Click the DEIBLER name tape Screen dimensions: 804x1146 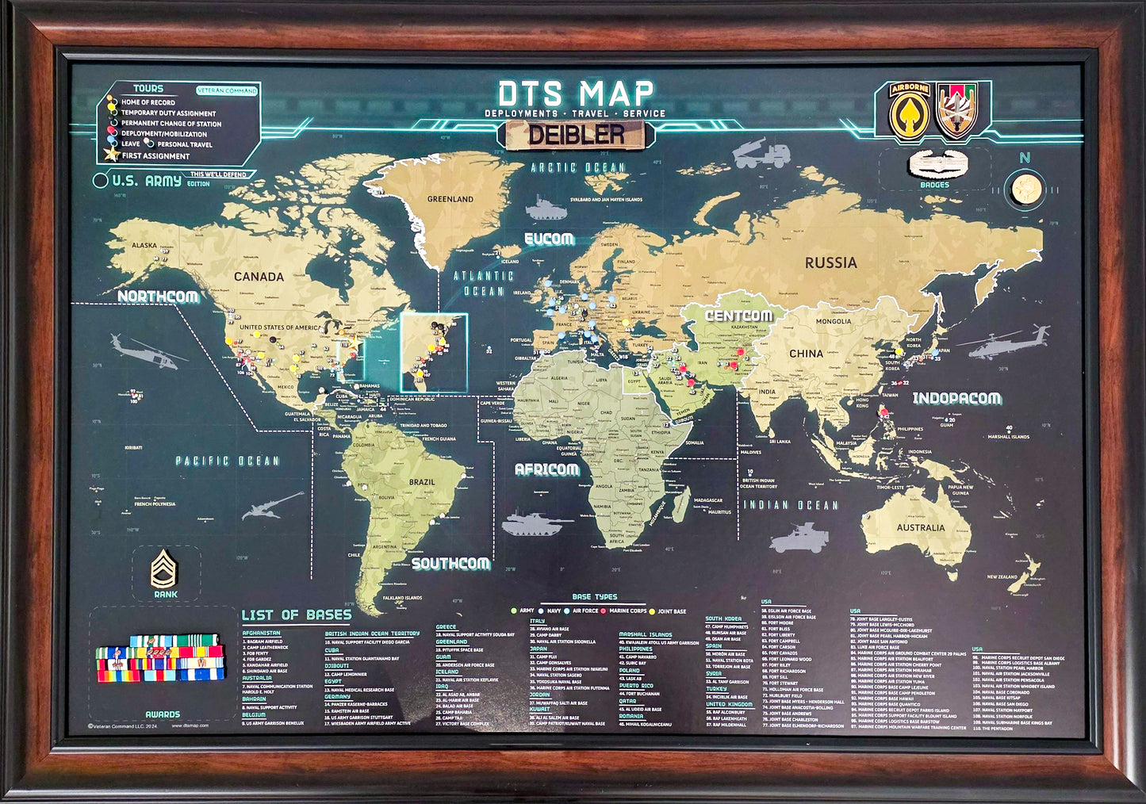[577, 135]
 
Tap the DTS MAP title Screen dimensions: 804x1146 [576, 93]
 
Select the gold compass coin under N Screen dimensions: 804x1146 [1024, 191]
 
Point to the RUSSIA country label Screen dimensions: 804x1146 [830, 262]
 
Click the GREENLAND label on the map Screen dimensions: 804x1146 [450, 199]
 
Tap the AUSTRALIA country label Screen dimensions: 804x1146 [920, 527]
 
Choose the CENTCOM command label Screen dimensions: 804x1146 [738, 316]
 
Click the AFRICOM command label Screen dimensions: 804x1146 [546, 469]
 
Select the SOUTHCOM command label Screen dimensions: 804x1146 [450, 564]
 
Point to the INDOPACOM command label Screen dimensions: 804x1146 [956, 398]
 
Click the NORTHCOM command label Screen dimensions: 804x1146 [158, 296]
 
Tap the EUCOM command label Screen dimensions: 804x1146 [549, 239]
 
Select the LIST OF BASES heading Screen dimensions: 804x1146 [296, 614]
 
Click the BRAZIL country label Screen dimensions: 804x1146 [421, 481]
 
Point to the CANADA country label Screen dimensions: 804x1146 [259, 277]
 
